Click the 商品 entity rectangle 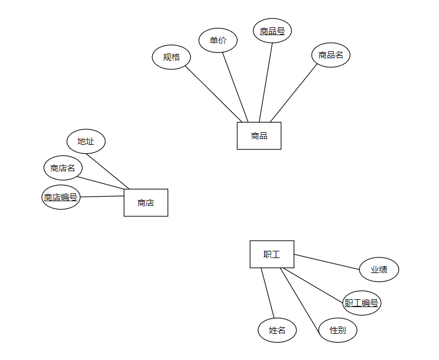[x=259, y=135]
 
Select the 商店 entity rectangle [x=145, y=203]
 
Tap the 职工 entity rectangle [x=272, y=254]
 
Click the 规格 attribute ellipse [x=172, y=57]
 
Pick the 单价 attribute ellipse [x=218, y=40]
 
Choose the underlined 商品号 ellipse [x=272, y=31]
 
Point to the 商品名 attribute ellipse [x=331, y=55]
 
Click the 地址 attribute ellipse [x=86, y=141]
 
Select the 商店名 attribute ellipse [x=63, y=168]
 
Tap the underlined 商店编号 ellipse [x=61, y=197]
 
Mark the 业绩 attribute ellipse [x=379, y=270]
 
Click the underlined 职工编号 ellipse [x=362, y=303]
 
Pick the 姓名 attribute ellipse [x=277, y=330]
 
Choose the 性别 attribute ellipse [x=338, y=330]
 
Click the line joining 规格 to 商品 [x=216, y=94]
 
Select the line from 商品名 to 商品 [x=294, y=93]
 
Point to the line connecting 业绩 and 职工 [x=327, y=262]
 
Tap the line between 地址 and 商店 [x=108, y=171]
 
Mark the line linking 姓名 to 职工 [x=268, y=293]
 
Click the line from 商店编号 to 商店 [x=102, y=196]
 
